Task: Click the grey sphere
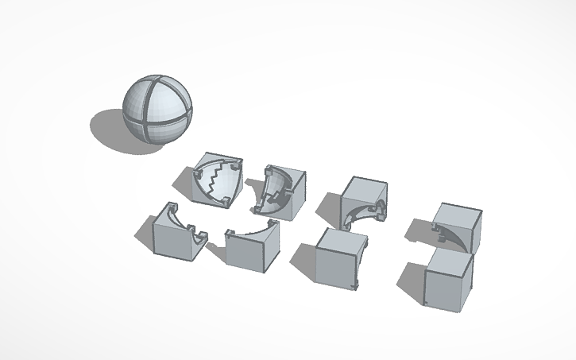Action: tap(157, 110)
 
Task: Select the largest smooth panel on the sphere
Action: tap(170, 103)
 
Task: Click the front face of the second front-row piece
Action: tap(253, 250)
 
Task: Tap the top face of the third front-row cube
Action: tap(342, 238)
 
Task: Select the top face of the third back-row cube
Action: tap(365, 188)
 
